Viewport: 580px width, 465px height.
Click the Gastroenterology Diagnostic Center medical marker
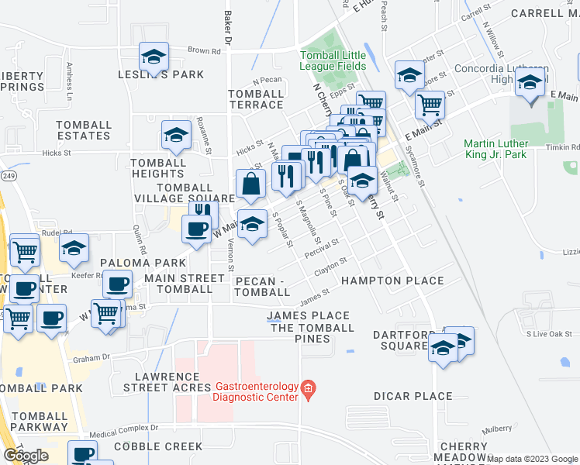[309, 388]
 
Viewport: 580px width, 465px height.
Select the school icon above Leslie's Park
[154, 57]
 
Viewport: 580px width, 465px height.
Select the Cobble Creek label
[158, 446]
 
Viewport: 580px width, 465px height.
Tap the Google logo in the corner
[26, 455]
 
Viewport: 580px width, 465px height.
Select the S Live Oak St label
[547, 334]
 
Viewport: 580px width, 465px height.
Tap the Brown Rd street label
[204, 51]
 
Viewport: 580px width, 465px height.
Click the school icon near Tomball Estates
[176, 136]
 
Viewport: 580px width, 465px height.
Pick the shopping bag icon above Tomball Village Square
[251, 184]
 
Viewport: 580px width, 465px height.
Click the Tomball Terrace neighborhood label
[256, 99]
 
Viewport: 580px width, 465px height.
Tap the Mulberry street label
[495, 428]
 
